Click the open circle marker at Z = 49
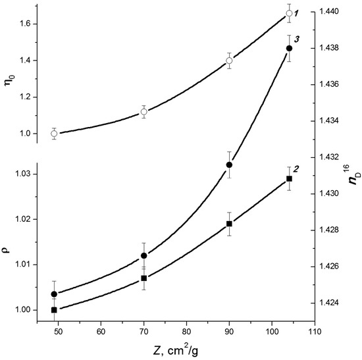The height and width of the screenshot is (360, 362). coord(54,134)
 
